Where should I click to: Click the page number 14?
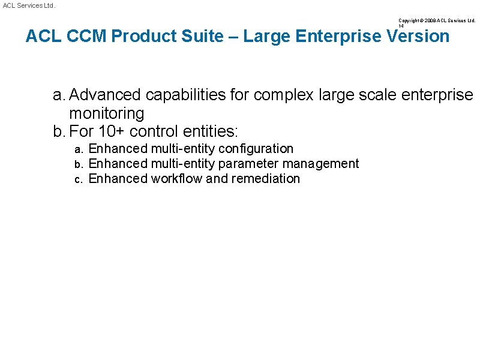[x=401, y=26]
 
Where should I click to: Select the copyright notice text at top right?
[x=436, y=20]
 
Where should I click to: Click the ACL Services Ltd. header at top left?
[x=29, y=5]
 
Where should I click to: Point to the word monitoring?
[x=107, y=113]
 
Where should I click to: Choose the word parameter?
[x=248, y=163]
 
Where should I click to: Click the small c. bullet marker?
[x=78, y=179]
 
